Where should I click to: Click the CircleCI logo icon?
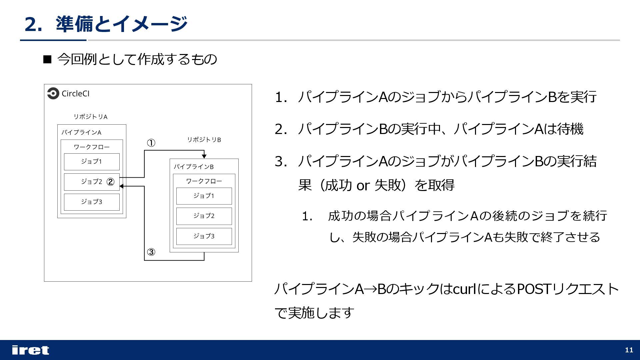(53, 94)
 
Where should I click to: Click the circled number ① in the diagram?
(151, 143)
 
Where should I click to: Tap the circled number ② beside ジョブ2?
(110, 182)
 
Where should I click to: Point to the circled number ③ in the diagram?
(151, 252)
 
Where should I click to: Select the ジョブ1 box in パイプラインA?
(92, 162)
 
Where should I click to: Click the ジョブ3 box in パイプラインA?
(92, 202)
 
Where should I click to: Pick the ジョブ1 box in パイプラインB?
(204, 196)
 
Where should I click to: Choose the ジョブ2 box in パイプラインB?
(204, 216)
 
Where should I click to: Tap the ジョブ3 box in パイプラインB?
(204, 236)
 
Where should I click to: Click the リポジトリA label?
(90, 117)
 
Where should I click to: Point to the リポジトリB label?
(204, 140)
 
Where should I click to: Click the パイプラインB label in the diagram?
(193, 167)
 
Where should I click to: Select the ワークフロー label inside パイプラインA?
(92, 147)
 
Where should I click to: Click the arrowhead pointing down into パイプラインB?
(204, 156)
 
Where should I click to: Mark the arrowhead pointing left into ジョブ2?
(121, 186)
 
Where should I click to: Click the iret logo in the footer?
(30, 350)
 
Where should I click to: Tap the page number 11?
(629, 350)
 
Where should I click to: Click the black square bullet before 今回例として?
(47, 60)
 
